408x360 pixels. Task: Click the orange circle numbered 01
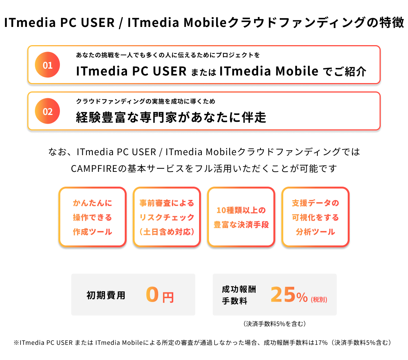click(47, 65)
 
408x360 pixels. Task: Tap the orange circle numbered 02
click(47, 112)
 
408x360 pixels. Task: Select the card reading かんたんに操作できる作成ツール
click(92, 217)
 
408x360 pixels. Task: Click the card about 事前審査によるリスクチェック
click(166, 217)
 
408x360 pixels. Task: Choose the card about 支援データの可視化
click(315, 217)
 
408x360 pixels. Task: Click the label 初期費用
click(106, 295)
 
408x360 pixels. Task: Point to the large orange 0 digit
click(152, 294)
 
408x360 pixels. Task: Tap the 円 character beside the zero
click(168, 297)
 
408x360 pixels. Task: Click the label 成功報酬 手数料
click(239, 295)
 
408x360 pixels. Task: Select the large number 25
click(282, 295)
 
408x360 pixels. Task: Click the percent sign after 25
click(302, 298)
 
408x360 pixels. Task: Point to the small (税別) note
click(319, 299)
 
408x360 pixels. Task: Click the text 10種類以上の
click(241, 210)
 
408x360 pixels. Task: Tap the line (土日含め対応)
click(166, 232)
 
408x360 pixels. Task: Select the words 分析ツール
click(315, 232)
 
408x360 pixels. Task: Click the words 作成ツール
click(92, 232)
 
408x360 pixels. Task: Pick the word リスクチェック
click(166, 217)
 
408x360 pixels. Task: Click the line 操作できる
click(92, 217)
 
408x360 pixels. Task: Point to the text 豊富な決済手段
click(241, 225)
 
